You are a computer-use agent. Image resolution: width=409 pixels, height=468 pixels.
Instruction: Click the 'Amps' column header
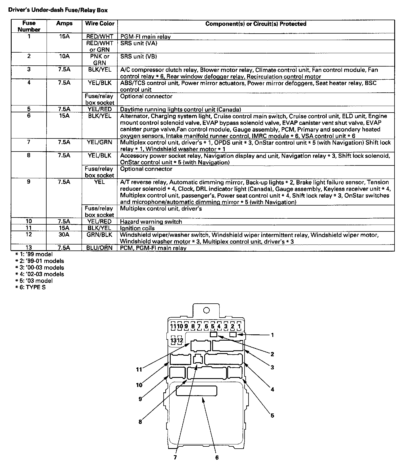(x=64, y=24)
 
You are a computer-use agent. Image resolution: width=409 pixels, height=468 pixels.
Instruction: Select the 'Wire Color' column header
(x=99, y=24)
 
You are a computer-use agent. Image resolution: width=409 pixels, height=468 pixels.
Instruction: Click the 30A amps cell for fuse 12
(x=64, y=235)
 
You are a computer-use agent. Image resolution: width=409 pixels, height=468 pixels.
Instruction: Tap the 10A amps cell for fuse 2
(x=64, y=56)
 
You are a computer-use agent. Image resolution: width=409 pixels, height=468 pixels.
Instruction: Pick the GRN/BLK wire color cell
(x=99, y=235)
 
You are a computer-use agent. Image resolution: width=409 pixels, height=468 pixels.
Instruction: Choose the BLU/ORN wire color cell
(x=99, y=248)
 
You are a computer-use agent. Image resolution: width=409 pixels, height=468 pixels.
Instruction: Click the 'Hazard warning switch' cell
(x=151, y=222)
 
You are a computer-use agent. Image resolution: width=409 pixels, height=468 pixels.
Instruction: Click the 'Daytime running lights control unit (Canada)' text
(x=180, y=109)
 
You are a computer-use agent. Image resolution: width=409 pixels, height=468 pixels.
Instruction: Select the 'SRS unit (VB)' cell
(x=138, y=57)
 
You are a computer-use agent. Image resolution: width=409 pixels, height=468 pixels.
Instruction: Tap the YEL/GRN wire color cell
(x=99, y=142)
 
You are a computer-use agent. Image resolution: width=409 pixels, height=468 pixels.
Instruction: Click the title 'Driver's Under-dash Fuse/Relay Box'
(x=58, y=11)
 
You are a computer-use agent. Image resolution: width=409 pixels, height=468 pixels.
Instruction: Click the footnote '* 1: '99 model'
(x=34, y=254)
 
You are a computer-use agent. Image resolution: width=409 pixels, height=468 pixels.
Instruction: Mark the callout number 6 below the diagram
(x=217, y=457)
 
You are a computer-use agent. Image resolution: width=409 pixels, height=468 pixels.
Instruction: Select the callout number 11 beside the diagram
(x=139, y=370)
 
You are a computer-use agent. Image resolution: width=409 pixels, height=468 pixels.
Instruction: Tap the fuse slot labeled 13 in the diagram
(x=173, y=340)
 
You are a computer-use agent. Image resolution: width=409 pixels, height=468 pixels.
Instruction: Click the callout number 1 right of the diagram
(x=272, y=335)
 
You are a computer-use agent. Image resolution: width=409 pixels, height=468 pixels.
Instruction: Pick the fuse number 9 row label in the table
(x=29, y=182)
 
